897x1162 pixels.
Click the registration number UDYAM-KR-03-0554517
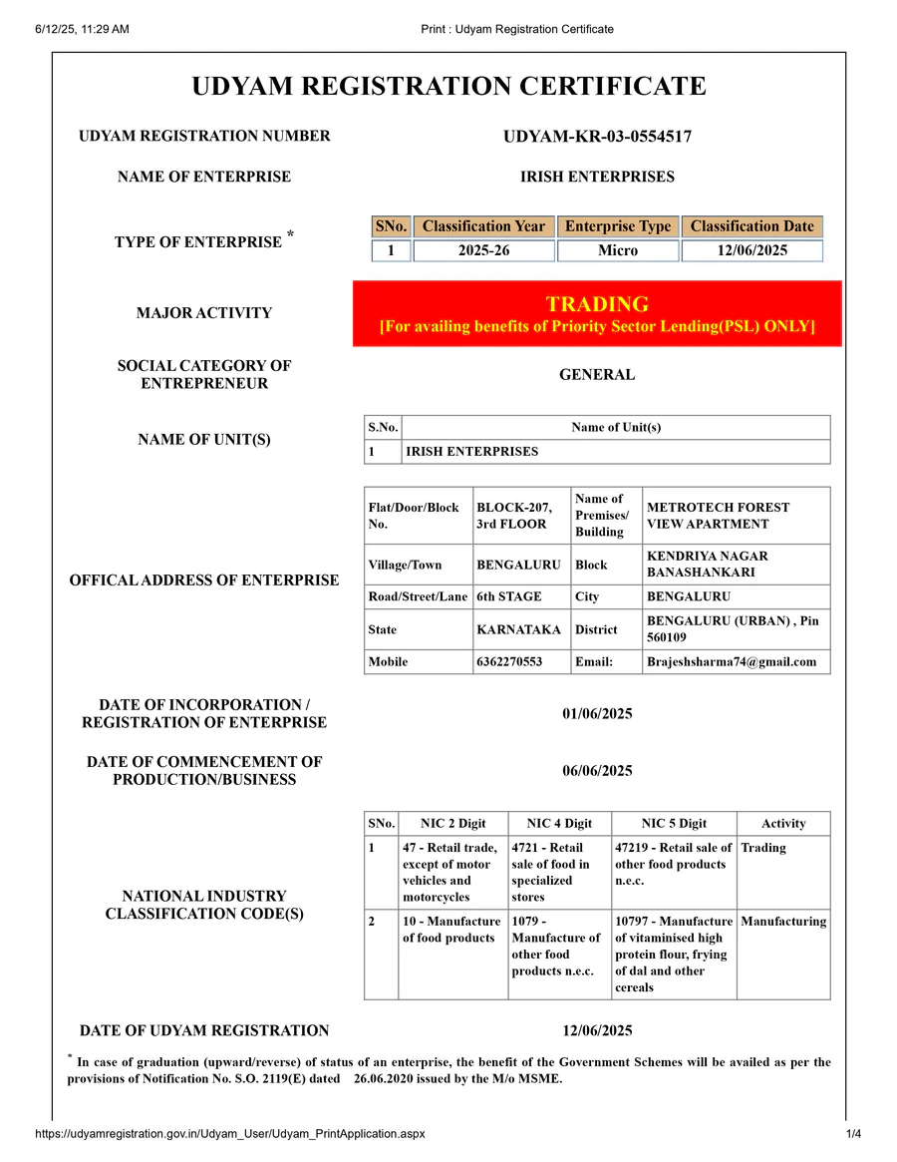click(597, 137)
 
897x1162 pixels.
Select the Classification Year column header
click(483, 226)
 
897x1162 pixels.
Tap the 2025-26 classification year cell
click(483, 250)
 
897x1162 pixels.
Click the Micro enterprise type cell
click(617, 250)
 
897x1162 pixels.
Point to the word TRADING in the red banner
click(597, 304)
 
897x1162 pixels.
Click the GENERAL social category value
click(597, 375)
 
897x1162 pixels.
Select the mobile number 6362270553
click(509, 661)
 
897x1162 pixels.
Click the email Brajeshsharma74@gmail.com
click(731, 661)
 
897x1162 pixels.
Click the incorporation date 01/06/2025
click(597, 713)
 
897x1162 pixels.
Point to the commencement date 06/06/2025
click(597, 770)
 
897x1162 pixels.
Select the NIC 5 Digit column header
click(674, 823)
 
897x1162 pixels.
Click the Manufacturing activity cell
click(783, 922)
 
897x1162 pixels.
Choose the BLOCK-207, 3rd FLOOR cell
click(514, 516)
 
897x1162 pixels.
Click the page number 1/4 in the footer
click(853, 1134)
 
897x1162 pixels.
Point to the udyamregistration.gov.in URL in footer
click(230, 1134)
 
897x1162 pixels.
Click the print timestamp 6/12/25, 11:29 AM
click(82, 29)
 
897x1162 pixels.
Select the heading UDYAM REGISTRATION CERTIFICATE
click(448, 87)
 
